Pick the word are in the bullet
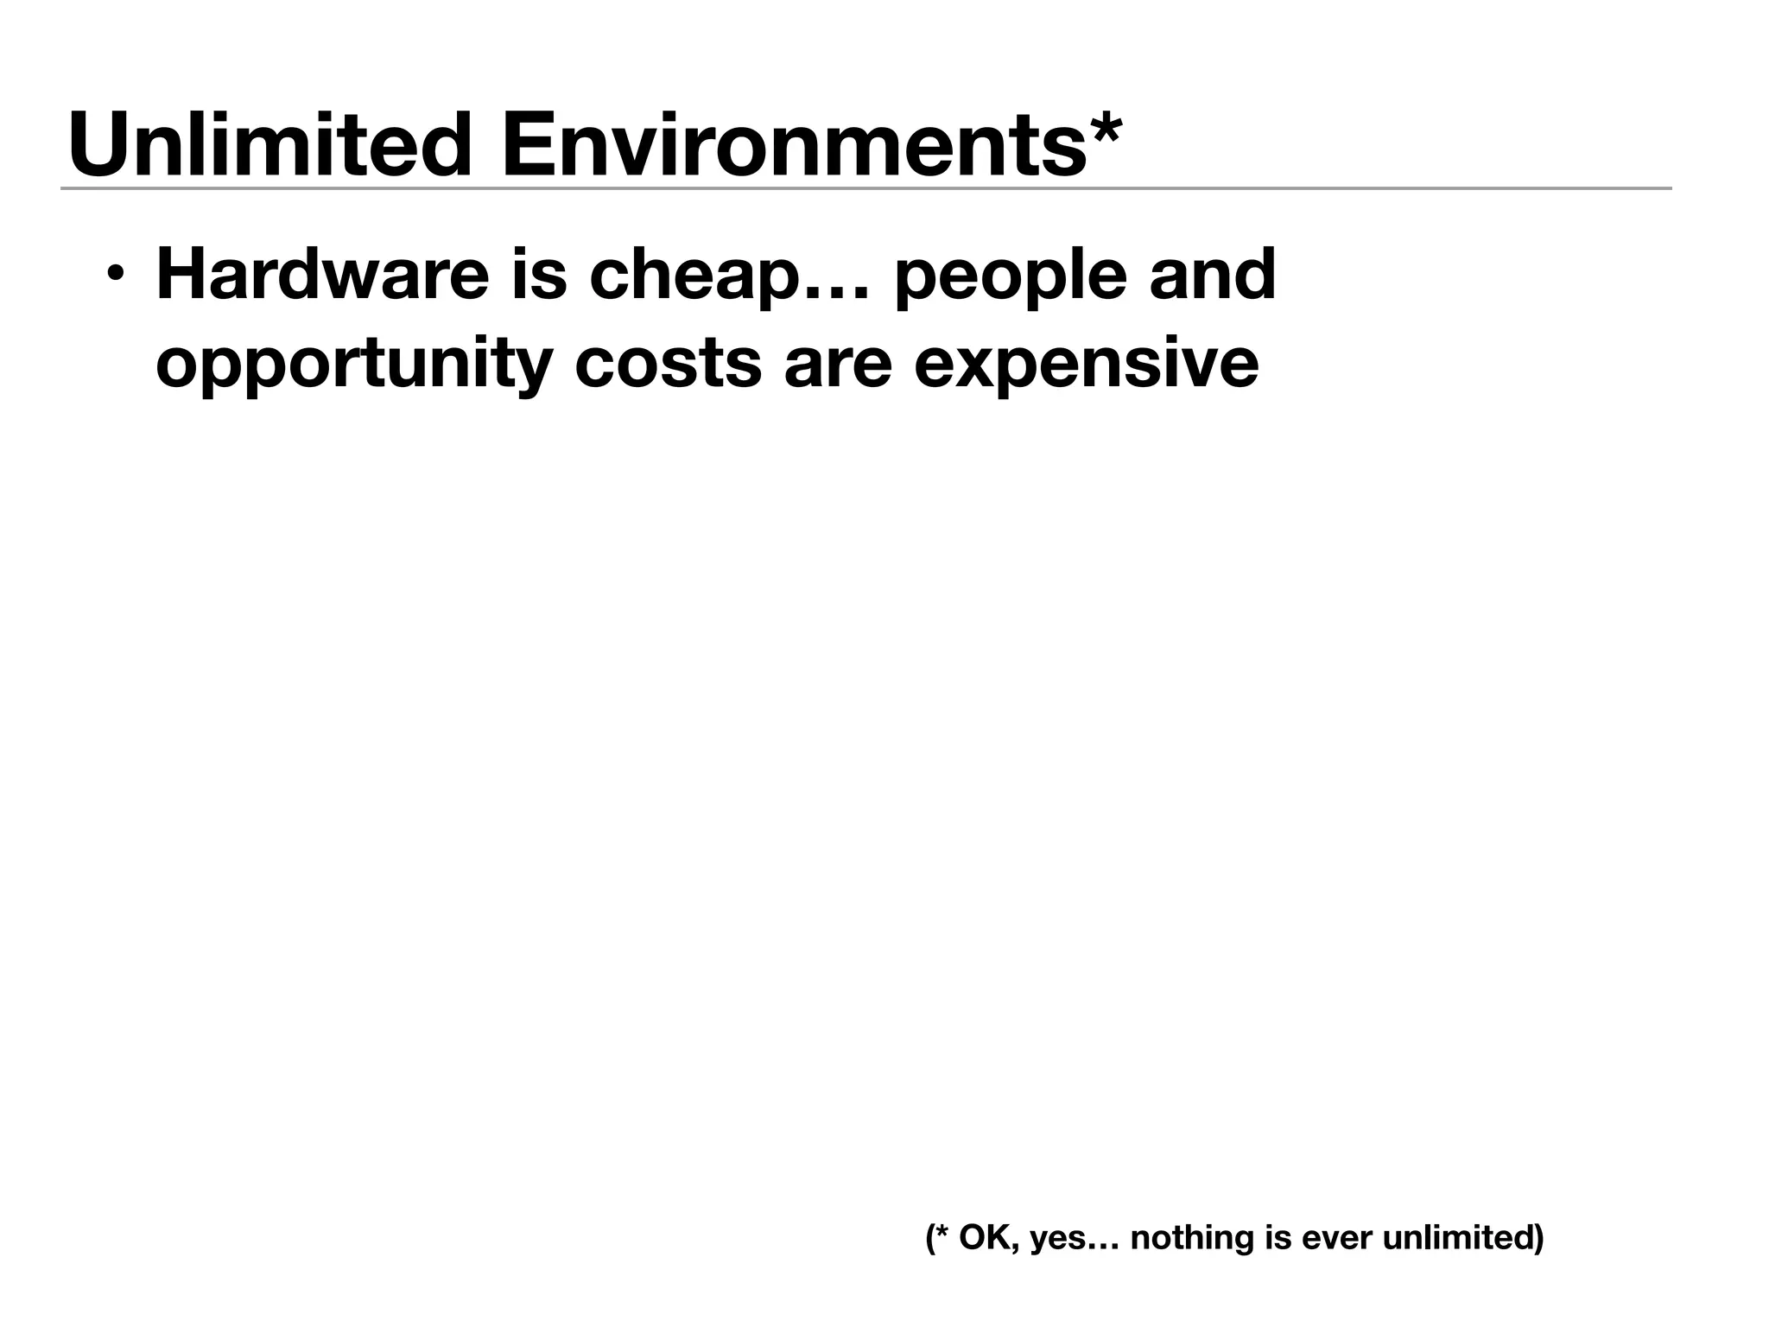[837, 365]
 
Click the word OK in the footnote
[982, 1238]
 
